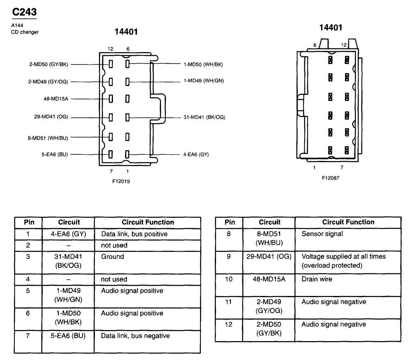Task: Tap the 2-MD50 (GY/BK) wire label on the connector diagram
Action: coord(48,64)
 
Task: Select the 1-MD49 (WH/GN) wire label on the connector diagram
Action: coord(204,81)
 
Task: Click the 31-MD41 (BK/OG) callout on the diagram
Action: coord(204,117)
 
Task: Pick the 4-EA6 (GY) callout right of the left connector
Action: coord(196,155)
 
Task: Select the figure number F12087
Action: coord(331,178)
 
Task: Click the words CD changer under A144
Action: coord(25,32)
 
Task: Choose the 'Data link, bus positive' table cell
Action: coord(134,234)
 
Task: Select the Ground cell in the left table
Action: coord(112,257)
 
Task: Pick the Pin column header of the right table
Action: coord(230,222)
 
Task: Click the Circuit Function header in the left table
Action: coord(148,222)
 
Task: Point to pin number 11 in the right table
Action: coord(229,302)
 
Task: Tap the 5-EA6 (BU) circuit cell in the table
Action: coord(69,336)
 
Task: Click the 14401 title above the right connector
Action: coord(331,28)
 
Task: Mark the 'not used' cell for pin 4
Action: coord(114,279)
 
